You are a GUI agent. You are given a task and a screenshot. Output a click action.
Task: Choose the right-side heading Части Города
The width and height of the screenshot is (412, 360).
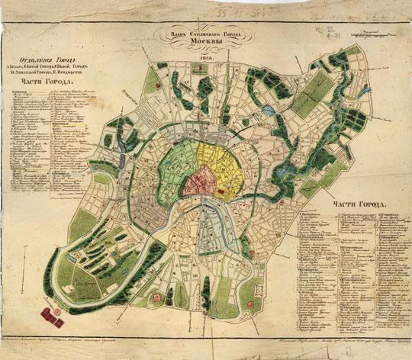click(362, 205)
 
